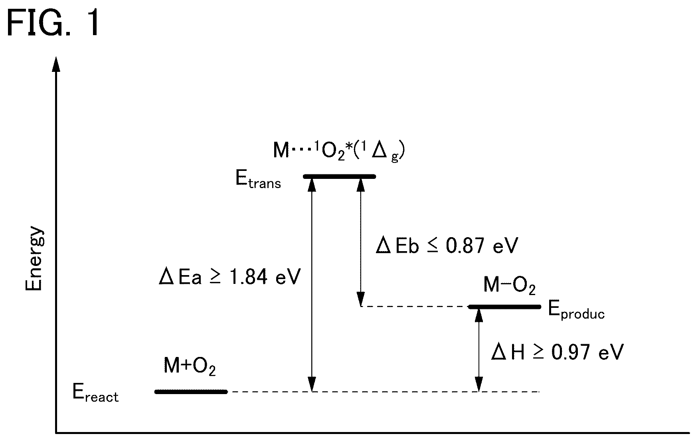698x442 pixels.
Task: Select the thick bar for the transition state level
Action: [340, 176]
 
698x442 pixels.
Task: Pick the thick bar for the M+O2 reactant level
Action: [191, 392]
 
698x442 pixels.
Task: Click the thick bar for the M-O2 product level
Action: [504, 307]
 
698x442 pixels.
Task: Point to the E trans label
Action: [258, 180]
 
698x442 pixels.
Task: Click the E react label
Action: [95, 393]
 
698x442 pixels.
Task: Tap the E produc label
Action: [576, 310]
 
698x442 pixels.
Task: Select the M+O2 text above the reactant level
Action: [190, 367]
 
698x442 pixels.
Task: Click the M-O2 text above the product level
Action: [509, 286]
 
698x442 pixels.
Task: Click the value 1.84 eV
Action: [264, 276]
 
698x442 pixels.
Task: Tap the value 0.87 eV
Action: [482, 245]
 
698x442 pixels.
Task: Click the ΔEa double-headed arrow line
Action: [312, 284]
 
